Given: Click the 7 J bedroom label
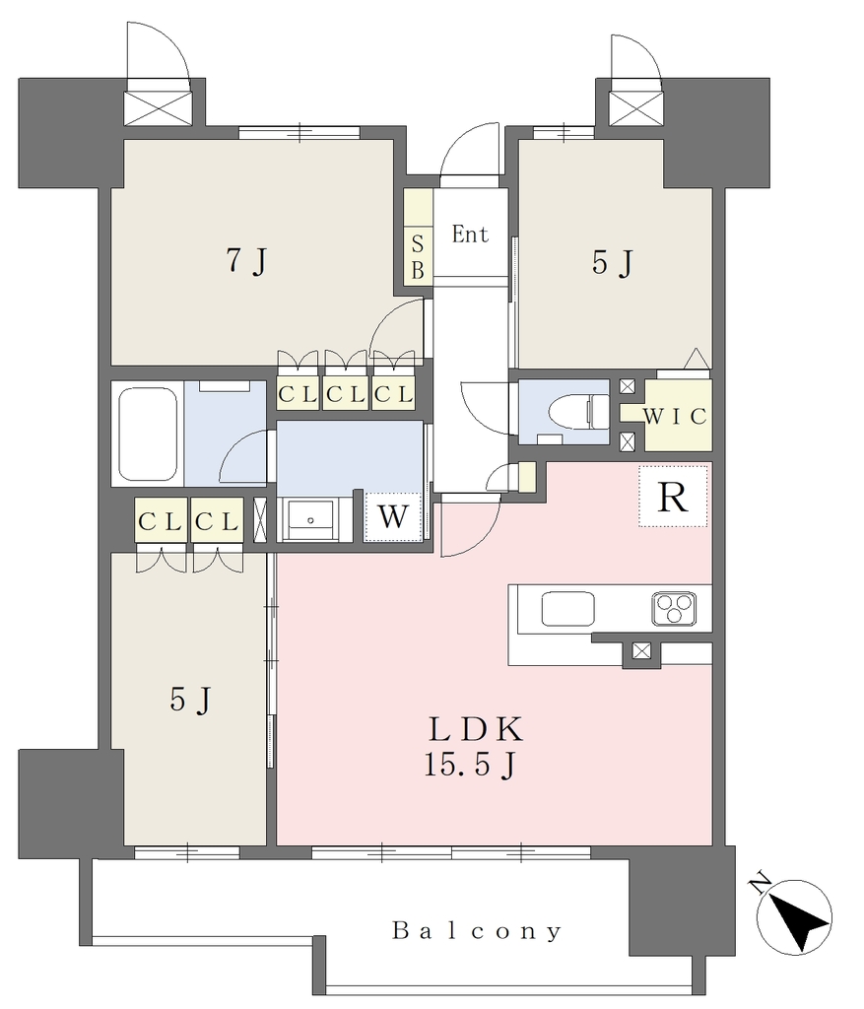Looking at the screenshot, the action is pos(246,261).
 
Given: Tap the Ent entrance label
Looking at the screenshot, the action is pos(470,234).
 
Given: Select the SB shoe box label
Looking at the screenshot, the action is pos(418,257).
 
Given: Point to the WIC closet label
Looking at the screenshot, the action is pos(675,417).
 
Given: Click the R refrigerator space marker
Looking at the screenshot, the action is pos(672,497).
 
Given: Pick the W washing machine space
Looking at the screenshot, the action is pos(393,516).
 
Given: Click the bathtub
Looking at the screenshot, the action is pos(148,434).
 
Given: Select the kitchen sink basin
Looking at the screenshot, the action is pos(567,608).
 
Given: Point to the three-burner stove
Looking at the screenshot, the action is pos(674,608).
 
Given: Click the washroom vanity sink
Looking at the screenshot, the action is pos(310,520).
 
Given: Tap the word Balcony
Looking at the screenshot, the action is pos(477,930).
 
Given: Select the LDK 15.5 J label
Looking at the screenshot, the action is pos(474,747).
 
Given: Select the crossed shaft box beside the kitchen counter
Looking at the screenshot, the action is pos(640,650).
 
